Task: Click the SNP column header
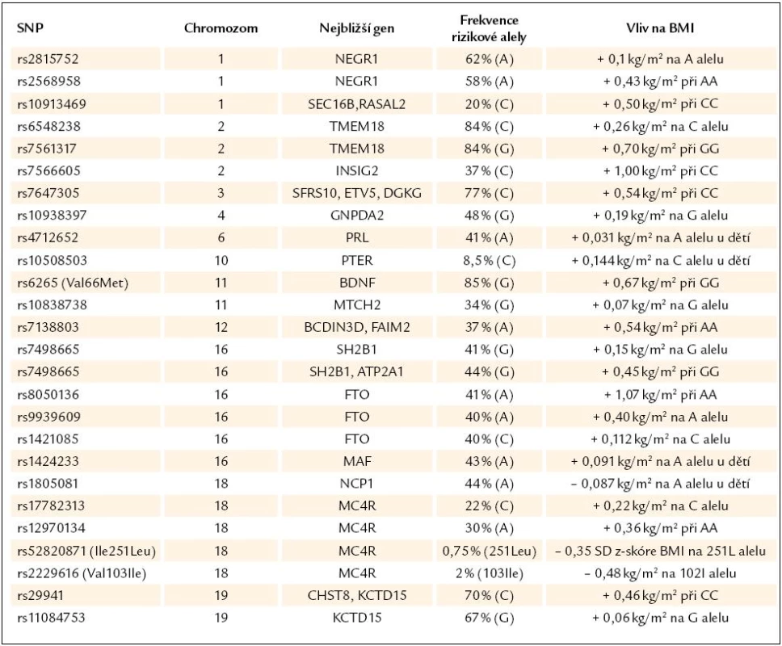(30, 27)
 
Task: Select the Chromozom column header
(221, 28)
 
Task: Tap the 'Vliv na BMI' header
(660, 28)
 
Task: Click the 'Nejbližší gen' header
(356, 28)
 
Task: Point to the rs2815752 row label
(48, 59)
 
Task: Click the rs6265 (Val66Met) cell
(73, 283)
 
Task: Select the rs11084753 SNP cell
(51, 618)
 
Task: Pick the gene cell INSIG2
(356, 171)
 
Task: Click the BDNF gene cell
(356, 283)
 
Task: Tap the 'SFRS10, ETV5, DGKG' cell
(356, 194)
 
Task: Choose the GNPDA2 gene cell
(356, 216)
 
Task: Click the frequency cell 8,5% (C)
(489, 261)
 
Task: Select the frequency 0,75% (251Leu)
(489, 551)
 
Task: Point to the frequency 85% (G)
(489, 283)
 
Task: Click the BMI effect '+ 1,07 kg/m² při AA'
(660, 395)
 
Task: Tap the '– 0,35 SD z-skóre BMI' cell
(660, 551)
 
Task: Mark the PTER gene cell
(356, 261)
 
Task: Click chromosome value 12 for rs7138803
(221, 328)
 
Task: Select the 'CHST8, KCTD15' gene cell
(356, 595)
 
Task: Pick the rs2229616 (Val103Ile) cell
(82, 573)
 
